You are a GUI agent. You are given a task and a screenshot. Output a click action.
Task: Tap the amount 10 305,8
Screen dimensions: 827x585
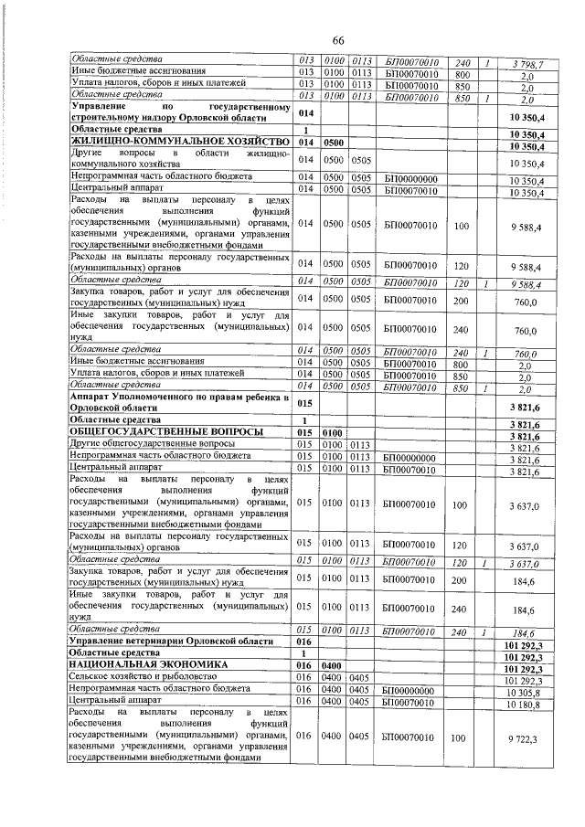click(x=525, y=691)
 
